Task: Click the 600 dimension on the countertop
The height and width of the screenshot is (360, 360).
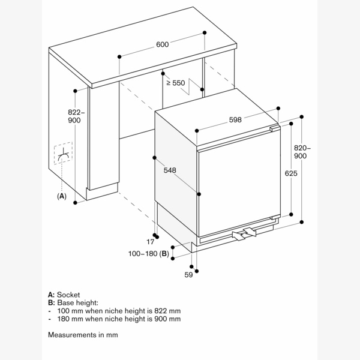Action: (162, 44)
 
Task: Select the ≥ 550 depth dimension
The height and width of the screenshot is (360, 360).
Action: (175, 83)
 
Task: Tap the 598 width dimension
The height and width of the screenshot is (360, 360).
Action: (235, 119)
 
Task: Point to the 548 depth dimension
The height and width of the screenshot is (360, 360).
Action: (170, 170)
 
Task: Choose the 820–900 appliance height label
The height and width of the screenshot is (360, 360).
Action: (301, 152)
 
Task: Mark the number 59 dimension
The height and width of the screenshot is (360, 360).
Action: (188, 275)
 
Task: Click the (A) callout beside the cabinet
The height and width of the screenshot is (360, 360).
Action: (61, 196)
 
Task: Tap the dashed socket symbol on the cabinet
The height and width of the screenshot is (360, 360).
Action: (62, 156)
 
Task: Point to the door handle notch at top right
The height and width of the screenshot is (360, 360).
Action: (275, 128)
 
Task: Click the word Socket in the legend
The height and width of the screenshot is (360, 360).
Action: (68, 295)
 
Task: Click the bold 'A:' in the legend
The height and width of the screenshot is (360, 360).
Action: (51, 295)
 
